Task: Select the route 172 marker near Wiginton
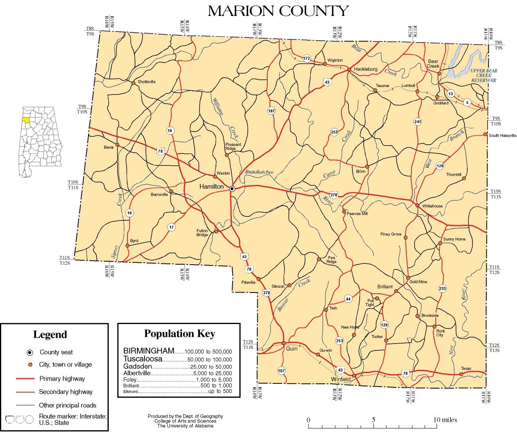click(x=306, y=59)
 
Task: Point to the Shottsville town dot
click(x=134, y=82)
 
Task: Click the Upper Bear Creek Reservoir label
click(x=484, y=75)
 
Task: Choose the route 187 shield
click(x=272, y=111)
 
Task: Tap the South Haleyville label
click(x=503, y=136)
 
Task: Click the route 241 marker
click(x=417, y=122)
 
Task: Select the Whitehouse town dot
click(x=417, y=206)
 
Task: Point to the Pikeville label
click(x=249, y=282)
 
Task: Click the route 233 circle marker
click(x=443, y=289)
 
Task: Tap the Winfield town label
click(x=341, y=379)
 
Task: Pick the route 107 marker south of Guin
click(x=282, y=371)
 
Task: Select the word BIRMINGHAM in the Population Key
click(x=149, y=351)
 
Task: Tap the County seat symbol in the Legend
click(x=29, y=352)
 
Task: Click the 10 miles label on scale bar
click(x=445, y=420)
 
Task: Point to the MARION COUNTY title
click(x=278, y=11)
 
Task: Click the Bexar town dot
click(x=117, y=145)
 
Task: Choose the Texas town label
click(x=466, y=369)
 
